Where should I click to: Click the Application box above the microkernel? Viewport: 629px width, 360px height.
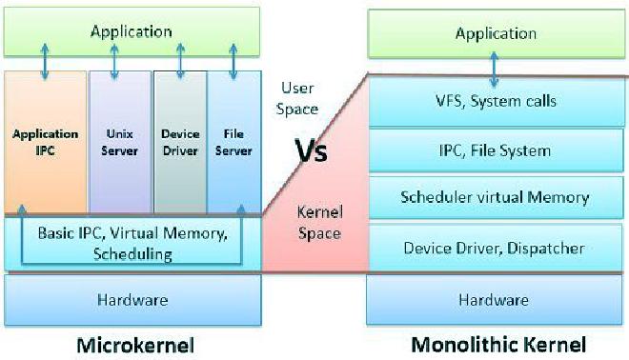click(x=131, y=31)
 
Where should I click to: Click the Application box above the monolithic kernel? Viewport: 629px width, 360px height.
click(x=496, y=33)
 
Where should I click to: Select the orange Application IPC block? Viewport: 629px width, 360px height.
click(x=45, y=143)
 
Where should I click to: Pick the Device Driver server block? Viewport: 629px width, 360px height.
click(x=180, y=143)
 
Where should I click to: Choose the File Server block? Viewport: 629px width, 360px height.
click(x=233, y=143)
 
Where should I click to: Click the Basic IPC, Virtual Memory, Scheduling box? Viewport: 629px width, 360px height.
click(x=132, y=243)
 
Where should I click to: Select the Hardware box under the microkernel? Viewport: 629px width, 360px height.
click(x=132, y=300)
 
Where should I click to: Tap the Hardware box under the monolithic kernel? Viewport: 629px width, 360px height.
click(x=494, y=300)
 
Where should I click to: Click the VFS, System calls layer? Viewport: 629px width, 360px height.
click(x=494, y=101)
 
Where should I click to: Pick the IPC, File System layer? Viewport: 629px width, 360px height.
click(x=494, y=150)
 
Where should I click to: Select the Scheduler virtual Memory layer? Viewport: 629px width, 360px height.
click(x=494, y=198)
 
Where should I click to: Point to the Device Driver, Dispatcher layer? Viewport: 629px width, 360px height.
click(x=494, y=249)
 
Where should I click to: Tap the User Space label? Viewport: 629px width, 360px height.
click(x=295, y=98)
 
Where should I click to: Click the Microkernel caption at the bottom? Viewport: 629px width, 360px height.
click(x=131, y=343)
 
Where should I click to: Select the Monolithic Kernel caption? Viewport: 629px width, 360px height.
click(x=498, y=343)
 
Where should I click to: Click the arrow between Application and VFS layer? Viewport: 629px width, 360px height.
click(x=493, y=68)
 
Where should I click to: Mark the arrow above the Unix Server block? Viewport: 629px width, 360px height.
click(x=114, y=59)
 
